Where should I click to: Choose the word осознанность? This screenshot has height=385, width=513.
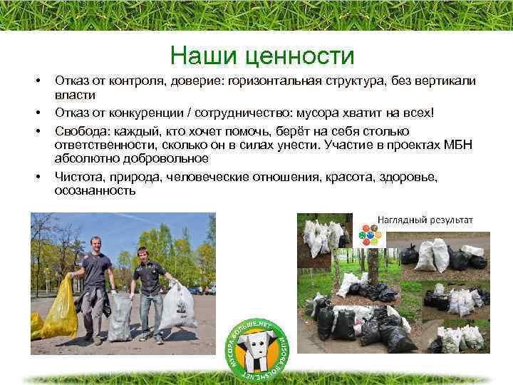click(x=94, y=191)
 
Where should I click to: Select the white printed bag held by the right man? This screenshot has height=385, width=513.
click(x=176, y=307)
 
